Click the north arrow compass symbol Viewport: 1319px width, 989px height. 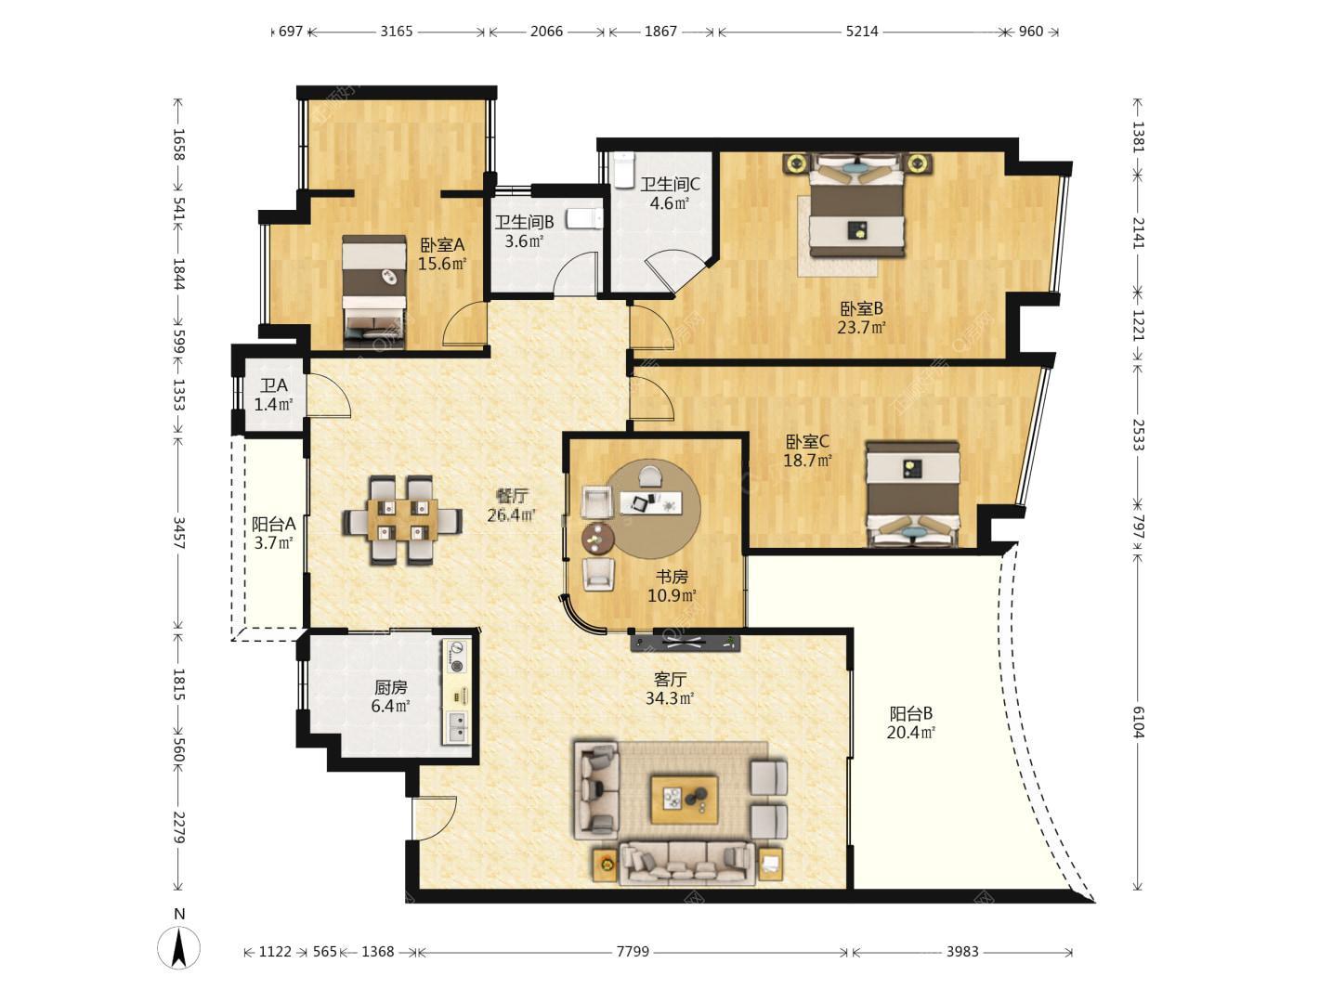(178, 947)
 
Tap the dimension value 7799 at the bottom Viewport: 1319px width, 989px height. (633, 952)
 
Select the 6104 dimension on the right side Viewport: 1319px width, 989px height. (1138, 722)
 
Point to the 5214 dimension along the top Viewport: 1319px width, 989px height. (862, 32)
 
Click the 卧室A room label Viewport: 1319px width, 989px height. (442, 245)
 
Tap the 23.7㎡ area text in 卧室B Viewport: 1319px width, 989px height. (862, 328)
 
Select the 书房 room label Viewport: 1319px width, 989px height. (672, 577)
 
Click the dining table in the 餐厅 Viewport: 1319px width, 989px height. (402, 520)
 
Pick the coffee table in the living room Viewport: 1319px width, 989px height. (685, 800)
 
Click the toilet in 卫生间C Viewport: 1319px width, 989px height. (625, 168)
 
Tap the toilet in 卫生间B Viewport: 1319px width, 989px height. (584, 218)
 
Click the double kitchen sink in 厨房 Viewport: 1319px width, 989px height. (457, 726)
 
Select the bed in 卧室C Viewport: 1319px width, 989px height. (912, 495)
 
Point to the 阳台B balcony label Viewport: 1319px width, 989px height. (911, 713)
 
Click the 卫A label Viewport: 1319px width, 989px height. (273, 384)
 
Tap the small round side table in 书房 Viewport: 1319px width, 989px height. (598, 538)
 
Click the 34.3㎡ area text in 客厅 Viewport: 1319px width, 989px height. (670, 698)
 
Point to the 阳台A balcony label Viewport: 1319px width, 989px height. (273, 525)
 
